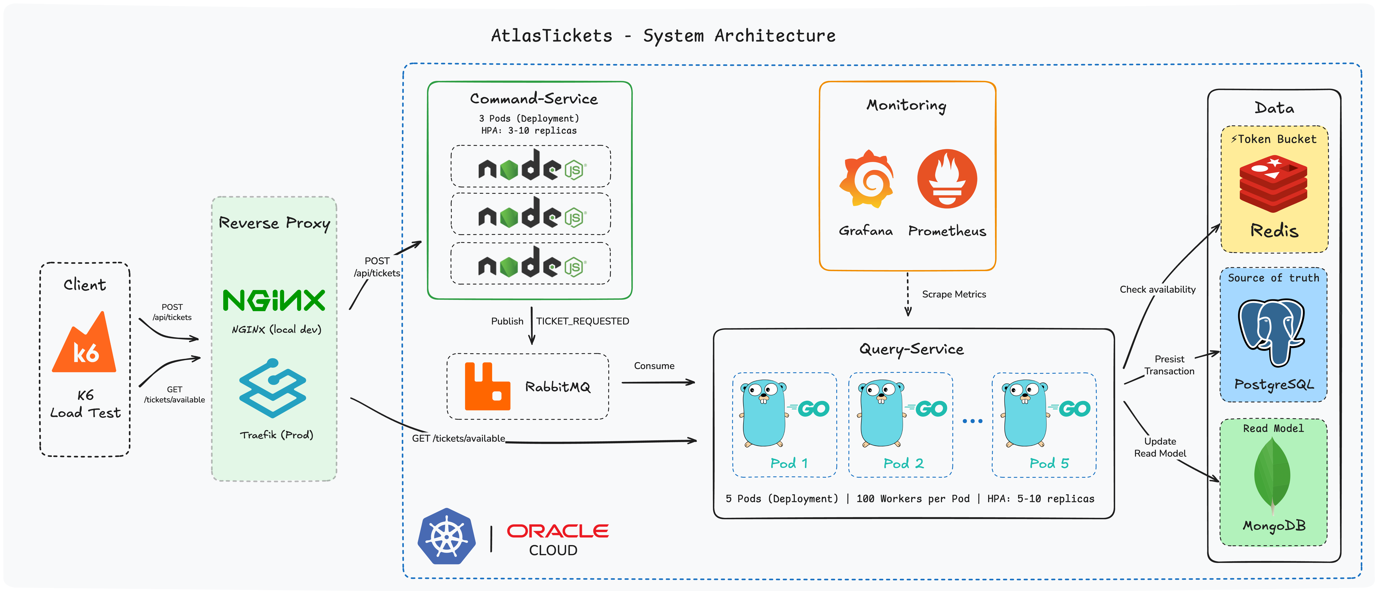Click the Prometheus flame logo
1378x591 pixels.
point(947,179)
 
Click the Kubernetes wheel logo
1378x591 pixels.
point(447,536)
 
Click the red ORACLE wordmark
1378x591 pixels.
point(557,531)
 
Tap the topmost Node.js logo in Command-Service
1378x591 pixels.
point(531,166)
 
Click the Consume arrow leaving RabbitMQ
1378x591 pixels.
point(658,382)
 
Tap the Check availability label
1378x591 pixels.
point(1157,289)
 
